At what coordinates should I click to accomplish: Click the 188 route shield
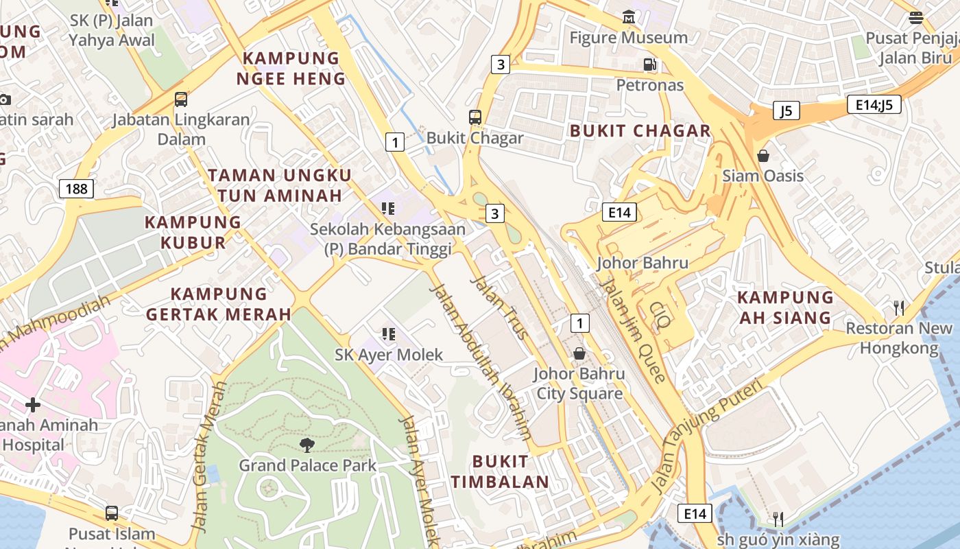point(76,188)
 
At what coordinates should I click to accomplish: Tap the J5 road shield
point(786,110)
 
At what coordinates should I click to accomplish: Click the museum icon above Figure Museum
point(628,16)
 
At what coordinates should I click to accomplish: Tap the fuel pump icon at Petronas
point(649,65)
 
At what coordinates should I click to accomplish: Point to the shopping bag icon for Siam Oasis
point(763,156)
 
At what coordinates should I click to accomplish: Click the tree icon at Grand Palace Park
point(307,445)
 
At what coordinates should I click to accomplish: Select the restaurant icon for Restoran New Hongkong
point(899,307)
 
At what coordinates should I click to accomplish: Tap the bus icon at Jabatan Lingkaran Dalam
point(181,100)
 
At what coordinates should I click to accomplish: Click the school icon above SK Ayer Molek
point(389,334)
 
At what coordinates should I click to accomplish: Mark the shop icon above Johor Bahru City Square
point(579,353)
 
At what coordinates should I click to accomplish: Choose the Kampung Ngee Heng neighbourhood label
point(291,68)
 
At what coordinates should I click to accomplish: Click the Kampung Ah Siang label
point(785,307)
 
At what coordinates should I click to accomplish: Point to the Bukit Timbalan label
point(500,471)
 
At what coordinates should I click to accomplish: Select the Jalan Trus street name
point(500,307)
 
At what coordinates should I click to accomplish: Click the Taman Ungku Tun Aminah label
point(280,185)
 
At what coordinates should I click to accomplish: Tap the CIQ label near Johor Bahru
point(660,315)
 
